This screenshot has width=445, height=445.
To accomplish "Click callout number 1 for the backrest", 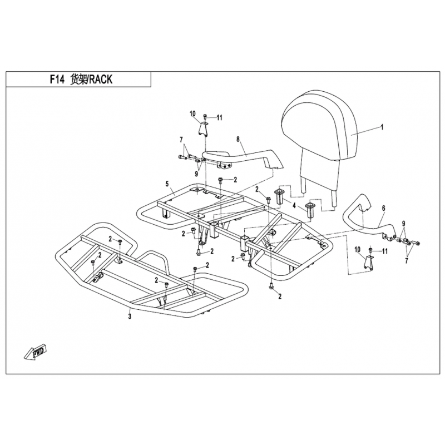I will point(382,127).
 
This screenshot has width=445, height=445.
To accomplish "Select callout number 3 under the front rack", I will point(130,317).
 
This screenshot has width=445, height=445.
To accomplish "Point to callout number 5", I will point(167,184).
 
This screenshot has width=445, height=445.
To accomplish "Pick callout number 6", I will point(383,207).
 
